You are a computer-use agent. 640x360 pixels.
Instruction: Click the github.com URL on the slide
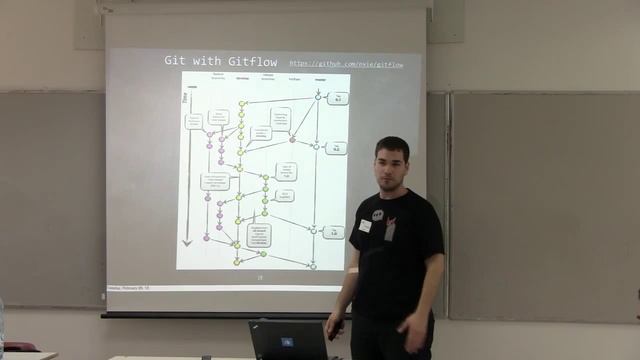[x=345, y=64]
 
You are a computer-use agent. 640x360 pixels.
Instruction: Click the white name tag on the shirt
[x=365, y=226]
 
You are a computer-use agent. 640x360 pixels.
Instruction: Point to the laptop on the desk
[x=290, y=340]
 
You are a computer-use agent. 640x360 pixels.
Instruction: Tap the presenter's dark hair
[x=392, y=146]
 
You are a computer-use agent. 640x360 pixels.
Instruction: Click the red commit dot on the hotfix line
[x=292, y=139]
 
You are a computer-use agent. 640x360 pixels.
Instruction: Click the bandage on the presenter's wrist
[x=353, y=270]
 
